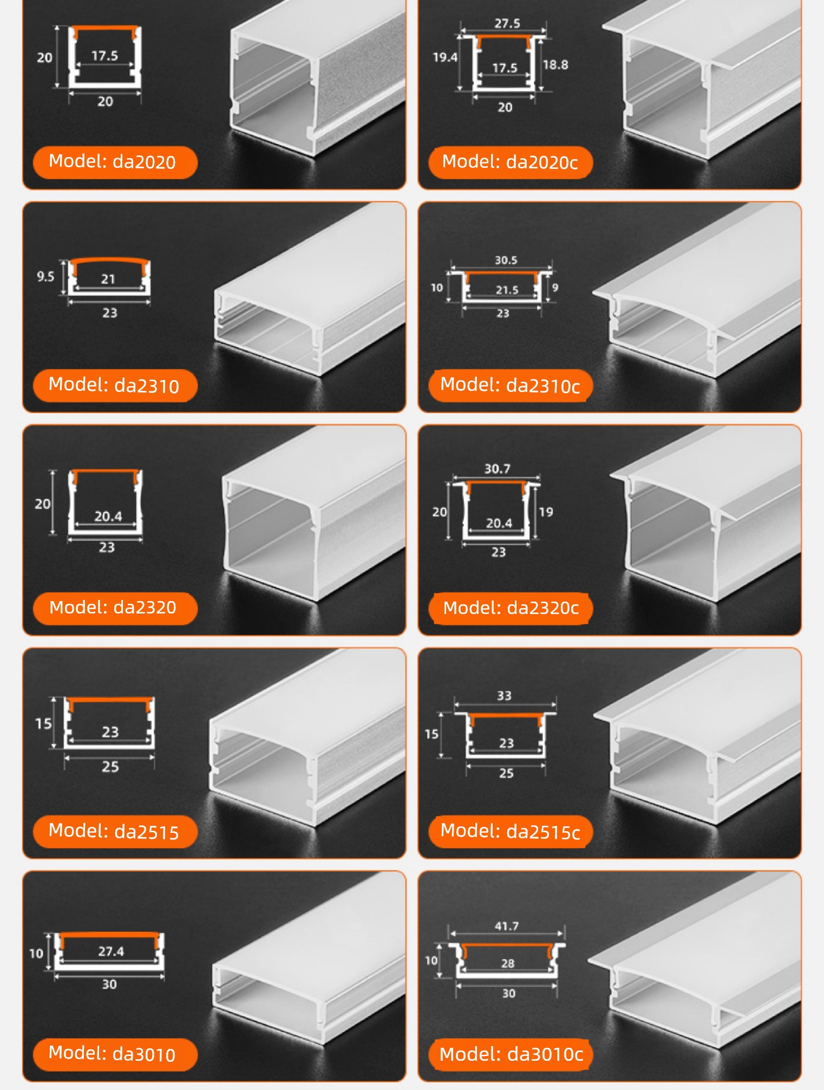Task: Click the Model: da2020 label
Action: (x=115, y=162)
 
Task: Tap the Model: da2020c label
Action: (x=511, y=162)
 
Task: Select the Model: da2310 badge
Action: (x=115, y=386)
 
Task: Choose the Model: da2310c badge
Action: (x=511, y=386)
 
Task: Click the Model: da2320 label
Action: (x=115, y=608)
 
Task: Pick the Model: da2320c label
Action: (x=511, y=608)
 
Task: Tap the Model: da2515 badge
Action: (x=115, y=831)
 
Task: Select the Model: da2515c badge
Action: (x=511, y=831)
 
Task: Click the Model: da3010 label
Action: (x=115, y=1054)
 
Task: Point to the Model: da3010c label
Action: (x=511, y=1054)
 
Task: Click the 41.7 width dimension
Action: (x=507, y=926)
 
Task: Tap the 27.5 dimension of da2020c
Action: (x=507, y=23)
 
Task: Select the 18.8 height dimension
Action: (x=555, y=65)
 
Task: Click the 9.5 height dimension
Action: (x=45, y=277)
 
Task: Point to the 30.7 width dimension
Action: (x=498, y=468)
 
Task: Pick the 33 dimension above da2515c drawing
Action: (x=504, y=696)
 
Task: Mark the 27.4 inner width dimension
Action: (x=111, y=951)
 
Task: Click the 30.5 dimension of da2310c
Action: (x=506, y=260)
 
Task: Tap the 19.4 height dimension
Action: (x=445, y=57)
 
